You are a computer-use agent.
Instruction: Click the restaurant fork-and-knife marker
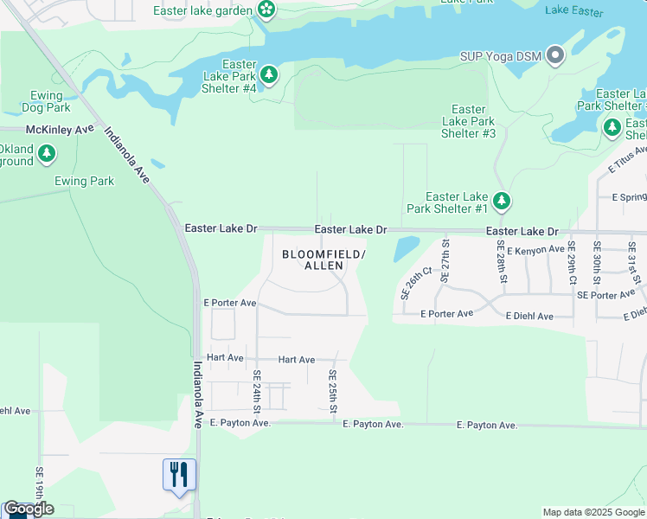(179, 475)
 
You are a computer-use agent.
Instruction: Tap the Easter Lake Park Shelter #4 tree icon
(270, 76)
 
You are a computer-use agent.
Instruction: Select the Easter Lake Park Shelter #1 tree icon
(502, 202)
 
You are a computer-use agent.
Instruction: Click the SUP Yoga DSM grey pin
(555, 57)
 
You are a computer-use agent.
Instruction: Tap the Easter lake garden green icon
(266, 10)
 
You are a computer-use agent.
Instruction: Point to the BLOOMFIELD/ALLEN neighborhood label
(323, 259)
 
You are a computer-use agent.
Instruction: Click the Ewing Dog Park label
(47, 102)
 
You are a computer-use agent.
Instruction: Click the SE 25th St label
(332, 392)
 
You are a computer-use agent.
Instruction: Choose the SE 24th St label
(257, 391)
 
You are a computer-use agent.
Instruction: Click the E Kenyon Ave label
(535, 250)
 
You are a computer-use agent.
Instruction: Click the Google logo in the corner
(29, 509)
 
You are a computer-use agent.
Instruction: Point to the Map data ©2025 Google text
(593, 512)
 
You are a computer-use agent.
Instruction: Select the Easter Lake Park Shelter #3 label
(468, 121)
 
